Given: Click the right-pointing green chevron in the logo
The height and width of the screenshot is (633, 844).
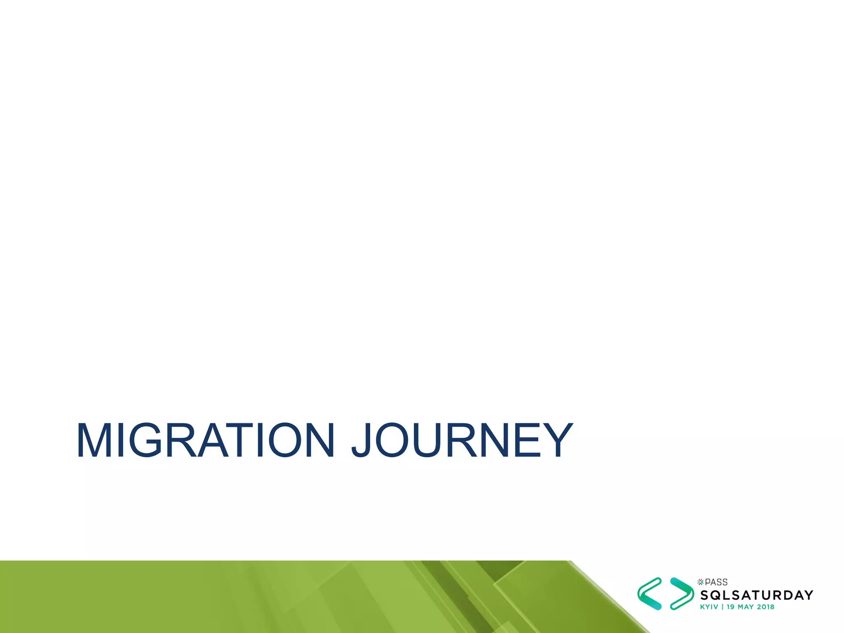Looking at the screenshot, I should pyautogui.click(x=682, y=594).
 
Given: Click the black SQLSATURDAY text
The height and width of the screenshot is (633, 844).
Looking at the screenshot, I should pyautogui.click(x=757, y=595).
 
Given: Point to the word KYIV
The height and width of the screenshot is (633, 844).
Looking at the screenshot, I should pyautogui.click(x=709, y=607).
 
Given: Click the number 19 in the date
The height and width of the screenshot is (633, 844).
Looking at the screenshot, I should pyautogui.click(x=730, y=607).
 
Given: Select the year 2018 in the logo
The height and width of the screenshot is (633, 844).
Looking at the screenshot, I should pyautogui.click(x=766, y=607).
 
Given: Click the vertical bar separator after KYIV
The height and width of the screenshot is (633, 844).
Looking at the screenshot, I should pyautogui.click(x=722, y=607).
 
